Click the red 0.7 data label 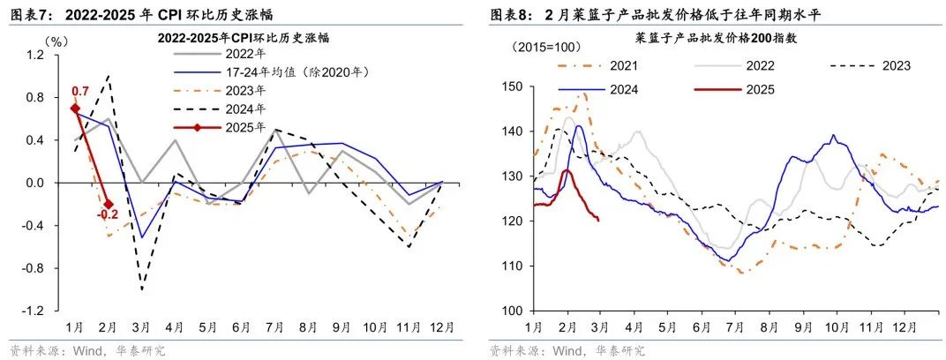click(79, 92)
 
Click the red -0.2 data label click(108, 214)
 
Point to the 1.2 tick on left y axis click(35, 55)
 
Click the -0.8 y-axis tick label click(34, 268)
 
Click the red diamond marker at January click(75, 109)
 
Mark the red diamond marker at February click(108, 204)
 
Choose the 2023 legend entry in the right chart click(895, 65)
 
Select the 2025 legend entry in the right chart click(761, 89)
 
